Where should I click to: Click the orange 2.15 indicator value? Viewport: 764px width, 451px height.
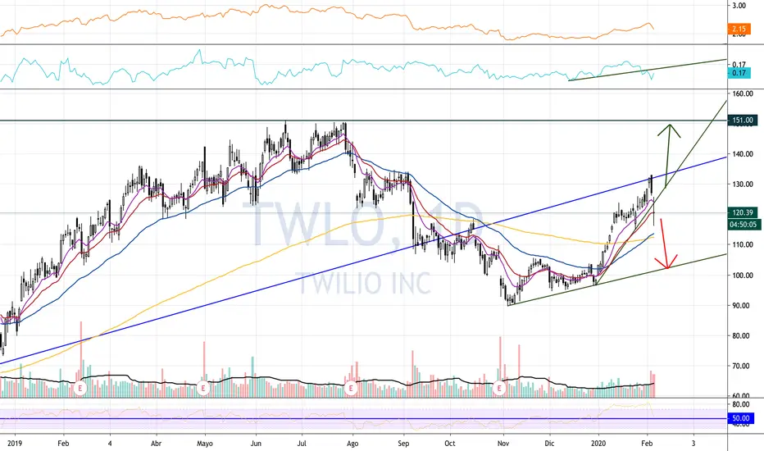(738, 30)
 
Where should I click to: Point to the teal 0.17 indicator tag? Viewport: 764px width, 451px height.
(738, 73)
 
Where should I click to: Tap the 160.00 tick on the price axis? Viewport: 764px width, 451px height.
(743, 93)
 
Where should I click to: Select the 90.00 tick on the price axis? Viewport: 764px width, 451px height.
(743, 306)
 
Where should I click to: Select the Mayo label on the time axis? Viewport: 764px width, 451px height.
(205, 441)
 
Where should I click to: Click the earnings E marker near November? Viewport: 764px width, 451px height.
(500, 387)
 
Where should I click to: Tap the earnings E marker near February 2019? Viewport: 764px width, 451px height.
(80, 387)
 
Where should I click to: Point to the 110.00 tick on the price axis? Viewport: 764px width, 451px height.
(743, 245)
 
